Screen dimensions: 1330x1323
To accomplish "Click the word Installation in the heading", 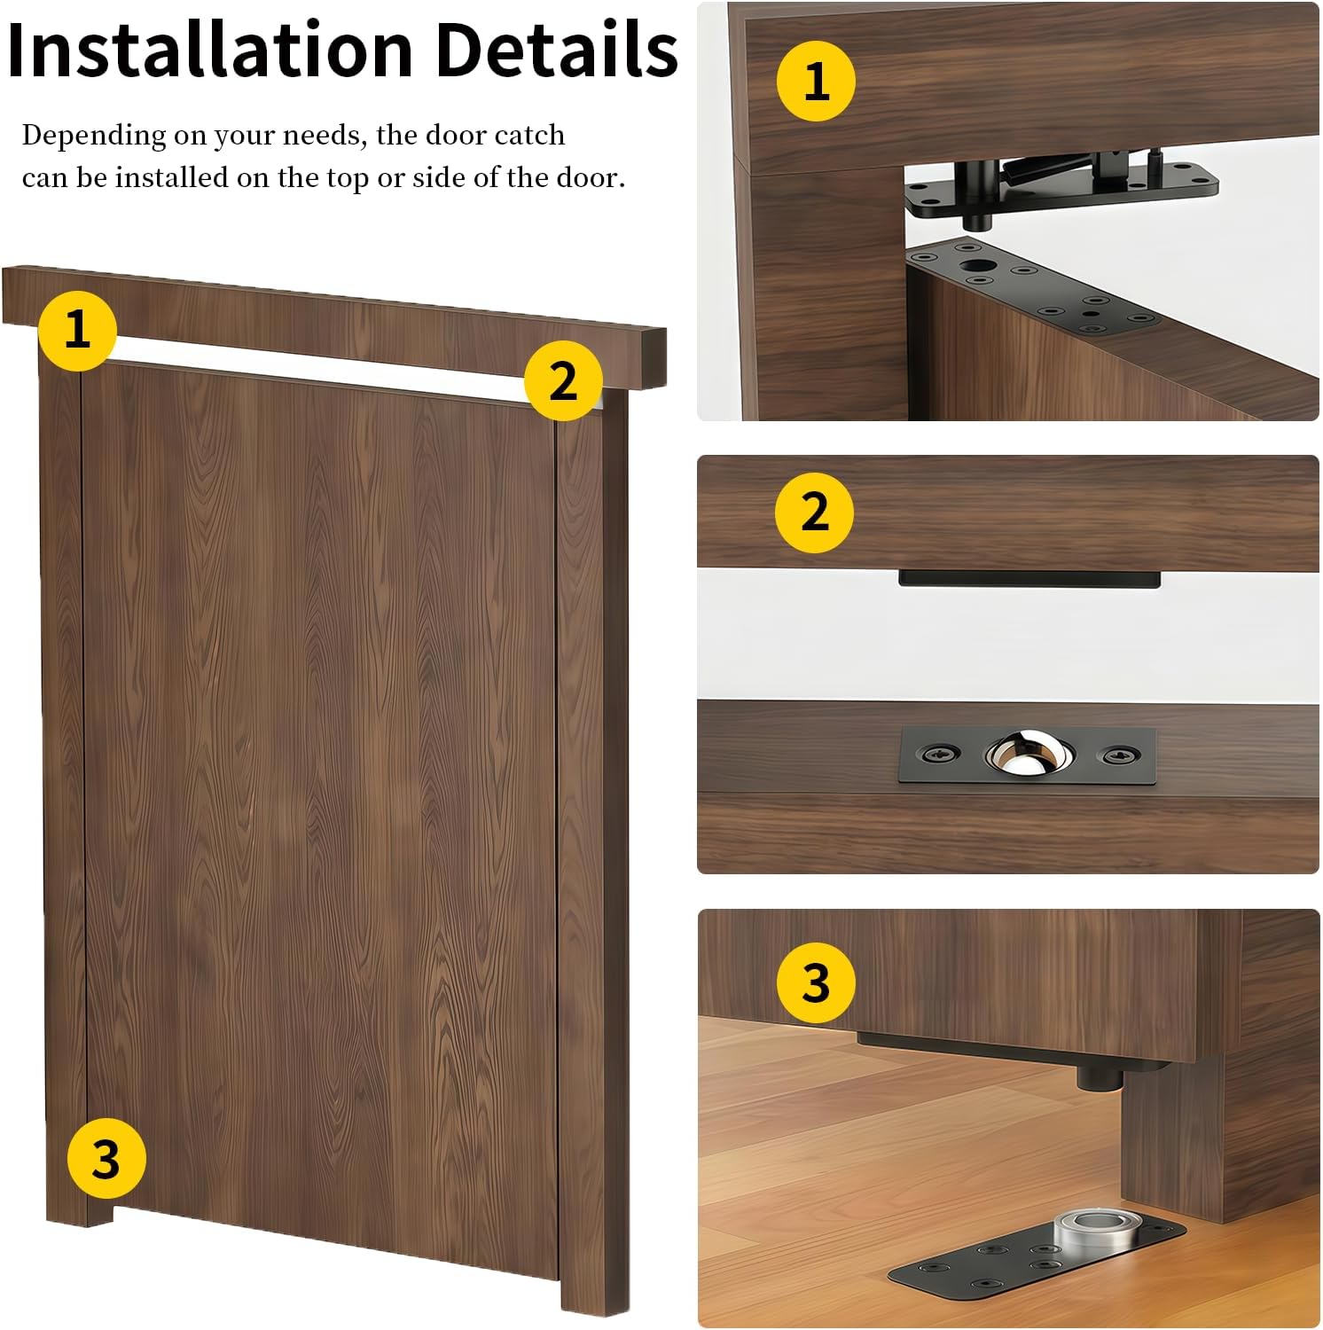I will (210, 50).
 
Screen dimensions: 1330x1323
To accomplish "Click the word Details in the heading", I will (557, 50).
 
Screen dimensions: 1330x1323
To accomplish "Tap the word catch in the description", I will (529, 135).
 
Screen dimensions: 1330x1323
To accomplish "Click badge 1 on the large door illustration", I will (77, 330).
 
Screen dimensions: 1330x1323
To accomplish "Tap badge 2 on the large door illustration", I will (563, 381).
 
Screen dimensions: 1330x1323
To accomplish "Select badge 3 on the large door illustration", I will (106, 1159).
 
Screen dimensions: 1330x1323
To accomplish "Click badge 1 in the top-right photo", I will (816, 82).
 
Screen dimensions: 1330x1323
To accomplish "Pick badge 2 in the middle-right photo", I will (814, 512).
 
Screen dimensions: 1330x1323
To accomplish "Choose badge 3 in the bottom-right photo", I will (816, 982).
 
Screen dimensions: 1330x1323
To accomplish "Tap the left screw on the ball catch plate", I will (935, 755).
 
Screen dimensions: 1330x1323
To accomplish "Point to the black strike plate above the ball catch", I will (1029, 578).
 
